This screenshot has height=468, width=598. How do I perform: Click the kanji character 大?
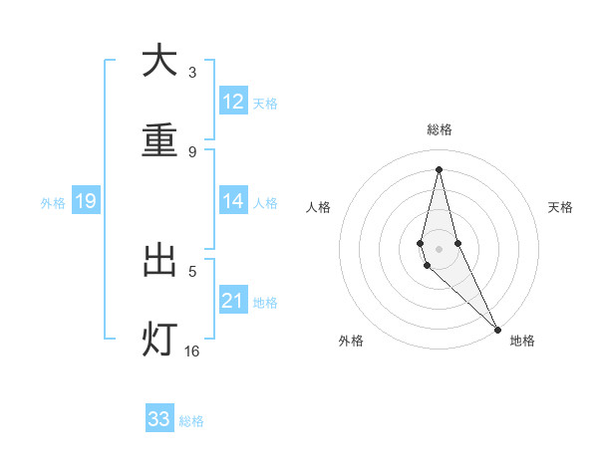point(159,61)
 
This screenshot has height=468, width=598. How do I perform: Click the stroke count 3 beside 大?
point(192,73)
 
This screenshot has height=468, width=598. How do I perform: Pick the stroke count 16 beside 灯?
point(192,351)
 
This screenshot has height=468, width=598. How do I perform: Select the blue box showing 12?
point(233,102)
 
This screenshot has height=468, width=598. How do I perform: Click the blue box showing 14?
point(233,201)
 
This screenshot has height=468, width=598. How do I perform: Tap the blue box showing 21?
point(233,301)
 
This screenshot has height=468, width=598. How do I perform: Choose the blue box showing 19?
point(86,202)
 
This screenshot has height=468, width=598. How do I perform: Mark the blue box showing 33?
point(159,419)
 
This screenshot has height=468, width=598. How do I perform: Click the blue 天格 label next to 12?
point(265,104)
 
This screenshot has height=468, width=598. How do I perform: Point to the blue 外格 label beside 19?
point(53,203)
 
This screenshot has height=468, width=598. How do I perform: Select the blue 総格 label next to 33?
point(191,421)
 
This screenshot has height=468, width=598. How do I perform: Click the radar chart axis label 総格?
point(440,129)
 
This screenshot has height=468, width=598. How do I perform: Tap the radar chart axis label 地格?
point(522,342)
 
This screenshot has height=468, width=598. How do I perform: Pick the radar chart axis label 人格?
point(318,207)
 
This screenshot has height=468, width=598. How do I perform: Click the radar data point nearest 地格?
point(497,329)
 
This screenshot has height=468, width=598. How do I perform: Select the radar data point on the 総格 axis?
point(439,168)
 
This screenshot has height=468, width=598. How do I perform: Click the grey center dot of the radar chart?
point(439,249)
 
